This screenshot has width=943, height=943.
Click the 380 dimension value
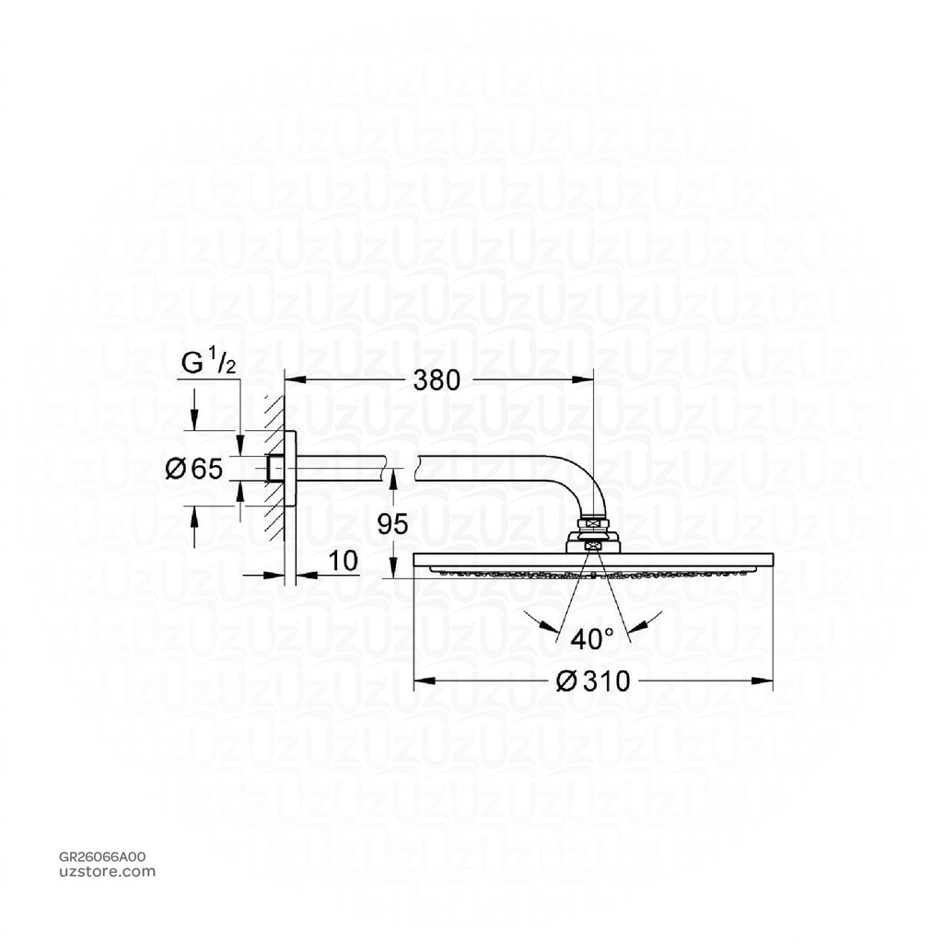(x=436, y=380)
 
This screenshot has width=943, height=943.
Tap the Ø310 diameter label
(x=594, y=681)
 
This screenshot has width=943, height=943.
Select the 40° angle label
(x=592, y=637)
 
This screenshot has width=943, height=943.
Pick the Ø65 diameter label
(x=193, y=469)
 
